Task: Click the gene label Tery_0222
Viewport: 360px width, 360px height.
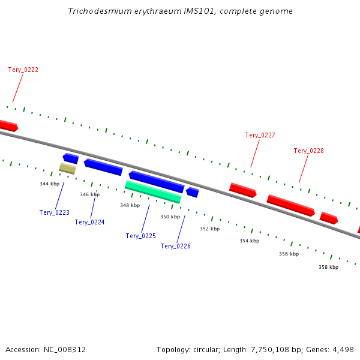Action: pos(23,70)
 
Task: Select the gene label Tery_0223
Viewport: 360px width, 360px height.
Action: pos(55,212)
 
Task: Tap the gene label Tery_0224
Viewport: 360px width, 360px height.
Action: pos(90,222)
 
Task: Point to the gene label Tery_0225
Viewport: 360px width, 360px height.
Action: pos(141,236)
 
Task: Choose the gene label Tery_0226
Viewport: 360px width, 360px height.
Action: pos(176,246)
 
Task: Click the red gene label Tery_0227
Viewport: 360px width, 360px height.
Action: pos(260,135)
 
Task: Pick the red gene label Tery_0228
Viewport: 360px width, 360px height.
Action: pos(309,151)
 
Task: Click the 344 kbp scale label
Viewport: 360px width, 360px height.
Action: pos(50,184)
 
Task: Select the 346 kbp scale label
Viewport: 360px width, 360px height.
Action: pos(90,194)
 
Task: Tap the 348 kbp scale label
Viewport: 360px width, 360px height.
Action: pos(130,205)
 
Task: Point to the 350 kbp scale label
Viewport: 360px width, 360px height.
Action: pos(170,217)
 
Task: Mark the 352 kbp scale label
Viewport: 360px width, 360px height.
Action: pos(210,229)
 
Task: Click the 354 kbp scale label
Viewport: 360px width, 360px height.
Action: pos(250,241)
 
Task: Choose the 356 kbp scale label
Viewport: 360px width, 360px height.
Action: pos(289,254)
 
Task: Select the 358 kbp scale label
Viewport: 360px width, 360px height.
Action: pos(328,267)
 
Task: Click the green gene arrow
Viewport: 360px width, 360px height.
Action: pos(153,191)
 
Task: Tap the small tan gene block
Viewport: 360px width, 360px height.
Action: pos(67,169)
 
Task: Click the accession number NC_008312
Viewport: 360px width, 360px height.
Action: pos(65,349)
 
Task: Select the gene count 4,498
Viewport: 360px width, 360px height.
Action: pos(342,349)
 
